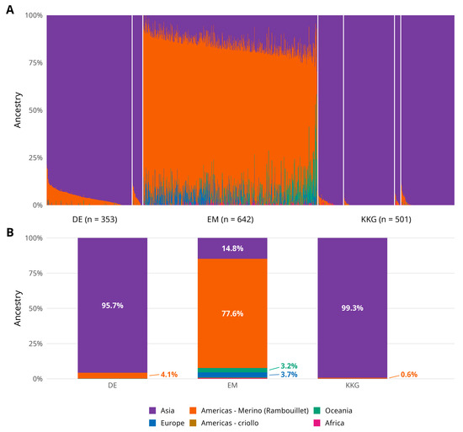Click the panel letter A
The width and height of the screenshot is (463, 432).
pos(10,10)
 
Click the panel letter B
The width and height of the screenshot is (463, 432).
pos(10,232)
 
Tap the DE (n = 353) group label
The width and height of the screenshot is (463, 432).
pos(95,220)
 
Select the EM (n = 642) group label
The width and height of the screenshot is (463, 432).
pos(231,220)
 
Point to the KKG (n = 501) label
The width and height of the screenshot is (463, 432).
pos(386,220)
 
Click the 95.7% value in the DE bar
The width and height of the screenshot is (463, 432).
pos(113,306)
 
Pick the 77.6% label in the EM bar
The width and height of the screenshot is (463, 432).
pos(232,313)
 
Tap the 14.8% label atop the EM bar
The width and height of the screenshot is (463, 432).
pos(232,248)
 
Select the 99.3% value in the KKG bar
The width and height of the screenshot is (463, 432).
pos(352,308)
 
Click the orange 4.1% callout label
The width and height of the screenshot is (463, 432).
pos(169,375)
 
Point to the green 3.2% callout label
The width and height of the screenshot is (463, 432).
pos(289,366)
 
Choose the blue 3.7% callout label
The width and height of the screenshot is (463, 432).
pos(289,375)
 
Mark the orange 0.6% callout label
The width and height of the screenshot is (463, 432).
pos(409,375)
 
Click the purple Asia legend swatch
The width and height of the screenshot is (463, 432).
pos(152,410)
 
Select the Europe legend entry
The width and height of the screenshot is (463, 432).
pos(167,423)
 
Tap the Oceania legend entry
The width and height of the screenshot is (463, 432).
pos(333,410)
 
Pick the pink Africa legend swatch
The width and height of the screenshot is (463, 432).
pos(317,423)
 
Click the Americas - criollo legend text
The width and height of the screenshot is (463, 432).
pos(230,423)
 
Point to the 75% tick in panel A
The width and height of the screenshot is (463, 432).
pos(35,62)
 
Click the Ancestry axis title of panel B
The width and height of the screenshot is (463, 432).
pos(18,308)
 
